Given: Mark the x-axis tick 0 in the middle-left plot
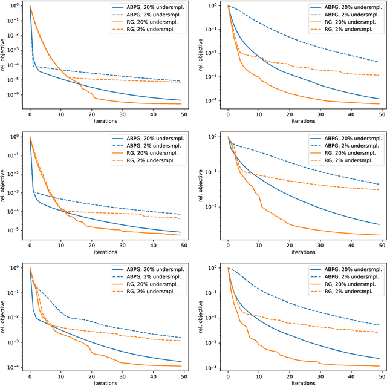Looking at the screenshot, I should [x=30, y=245].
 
